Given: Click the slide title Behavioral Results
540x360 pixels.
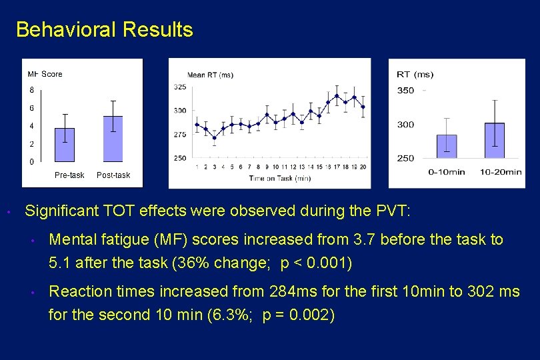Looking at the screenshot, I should point(105,30).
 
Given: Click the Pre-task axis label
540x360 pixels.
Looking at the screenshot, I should point(69,175).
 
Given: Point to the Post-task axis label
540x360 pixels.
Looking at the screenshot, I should point(113,175).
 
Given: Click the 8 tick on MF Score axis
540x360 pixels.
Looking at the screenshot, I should point(31,90).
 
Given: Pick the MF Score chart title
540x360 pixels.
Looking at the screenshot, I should point(45,74).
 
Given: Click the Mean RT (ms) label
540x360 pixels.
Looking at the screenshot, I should point(211,75).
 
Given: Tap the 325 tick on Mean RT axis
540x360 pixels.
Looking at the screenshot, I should point(180,87).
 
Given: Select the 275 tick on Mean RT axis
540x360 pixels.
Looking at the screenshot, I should point(180,135).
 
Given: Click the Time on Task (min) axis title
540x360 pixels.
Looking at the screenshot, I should point(280,178).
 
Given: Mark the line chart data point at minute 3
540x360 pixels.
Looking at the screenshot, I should point(214,137).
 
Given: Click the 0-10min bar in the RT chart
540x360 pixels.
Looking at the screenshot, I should point(447,147).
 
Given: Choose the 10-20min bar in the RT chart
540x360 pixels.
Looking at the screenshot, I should point(495,141).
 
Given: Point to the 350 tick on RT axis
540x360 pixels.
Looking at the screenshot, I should point(405,91).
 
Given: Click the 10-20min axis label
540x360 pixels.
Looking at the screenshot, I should point(501,172).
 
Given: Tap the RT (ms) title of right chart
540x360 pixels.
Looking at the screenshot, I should point(415,75).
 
